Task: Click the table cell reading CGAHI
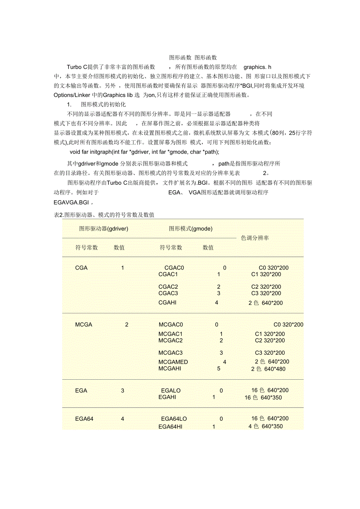point(167,303)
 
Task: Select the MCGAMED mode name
point(173,362)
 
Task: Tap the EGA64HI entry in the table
point(170,427)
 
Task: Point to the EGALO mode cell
point(171,391)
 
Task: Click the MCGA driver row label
point(84,325)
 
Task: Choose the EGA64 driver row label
point(84,419)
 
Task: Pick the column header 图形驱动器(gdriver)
point(104,229)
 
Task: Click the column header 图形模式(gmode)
point(191,229)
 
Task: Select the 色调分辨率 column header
point(255,238)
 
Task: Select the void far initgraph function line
point(144,152)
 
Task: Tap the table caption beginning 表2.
point(104,215)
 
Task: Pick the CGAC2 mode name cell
point(168,287)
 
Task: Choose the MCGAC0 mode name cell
point(171,325)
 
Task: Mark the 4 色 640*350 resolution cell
point(265,427)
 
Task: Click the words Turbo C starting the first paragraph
point(77,67)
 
